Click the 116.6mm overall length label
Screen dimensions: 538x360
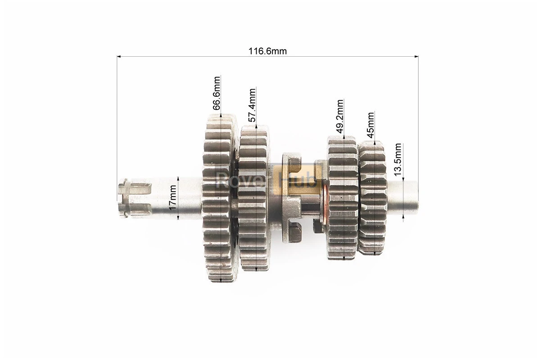pos(267,51)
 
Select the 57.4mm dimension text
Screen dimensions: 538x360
pos(252,105)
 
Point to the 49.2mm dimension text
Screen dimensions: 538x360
pos(339,116)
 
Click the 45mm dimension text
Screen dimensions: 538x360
pos(370,125)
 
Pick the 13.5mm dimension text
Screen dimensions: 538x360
pos(398,159)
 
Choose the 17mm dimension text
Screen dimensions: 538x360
pos(172,197)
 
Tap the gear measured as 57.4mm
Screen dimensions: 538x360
pos(254,198)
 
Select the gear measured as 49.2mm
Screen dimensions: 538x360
pos(343,198)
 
